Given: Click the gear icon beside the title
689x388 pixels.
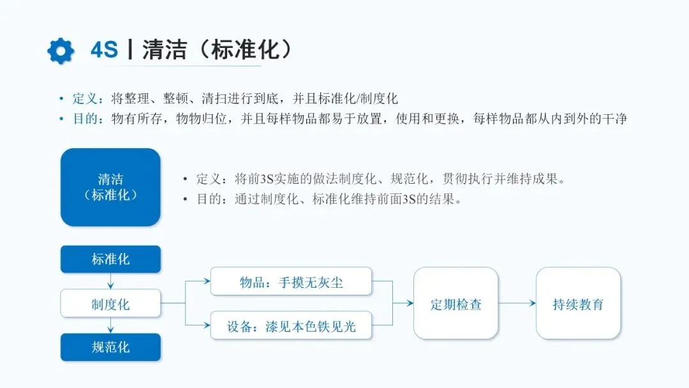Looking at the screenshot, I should [61, 51].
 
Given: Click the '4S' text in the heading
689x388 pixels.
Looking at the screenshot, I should [104, 50].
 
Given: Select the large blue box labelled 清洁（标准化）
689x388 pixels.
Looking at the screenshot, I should [110, 187].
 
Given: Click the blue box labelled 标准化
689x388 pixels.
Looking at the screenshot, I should [110, 259].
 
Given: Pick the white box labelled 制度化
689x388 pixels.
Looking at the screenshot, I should [110, 304].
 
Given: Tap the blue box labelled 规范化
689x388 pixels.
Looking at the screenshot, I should [110, 348].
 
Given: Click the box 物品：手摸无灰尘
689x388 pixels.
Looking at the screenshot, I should [291, 281].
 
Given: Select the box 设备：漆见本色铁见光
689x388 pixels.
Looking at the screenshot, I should [291, 327].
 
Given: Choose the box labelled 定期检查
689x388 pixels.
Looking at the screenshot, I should [456, 304].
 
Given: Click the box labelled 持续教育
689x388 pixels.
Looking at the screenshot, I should [578, 304].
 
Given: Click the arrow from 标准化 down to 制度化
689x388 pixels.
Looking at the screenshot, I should [111, 281].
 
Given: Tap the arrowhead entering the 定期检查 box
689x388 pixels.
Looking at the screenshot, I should [410, 304].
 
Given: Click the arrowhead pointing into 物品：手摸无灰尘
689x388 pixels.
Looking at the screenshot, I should [207, 281].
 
